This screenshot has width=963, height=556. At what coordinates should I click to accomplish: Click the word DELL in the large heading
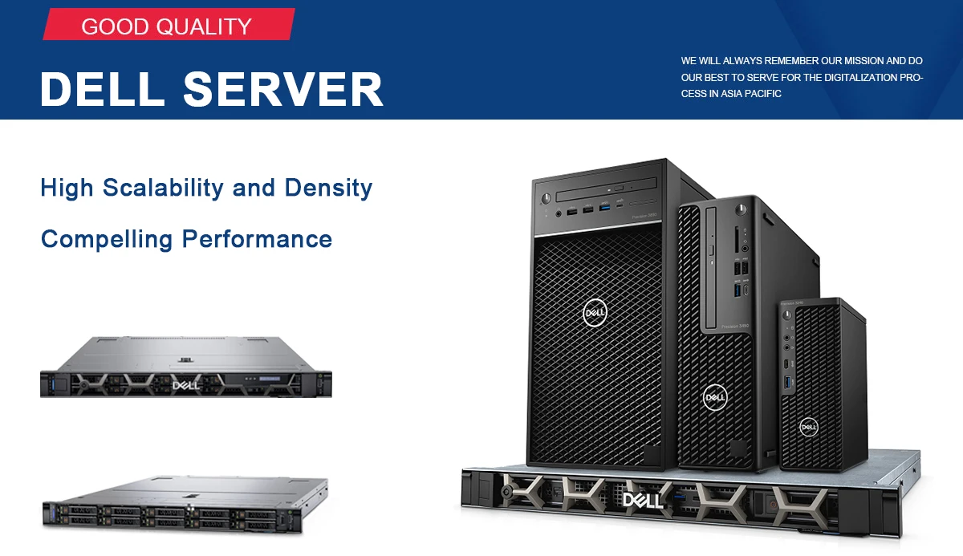point(103,89)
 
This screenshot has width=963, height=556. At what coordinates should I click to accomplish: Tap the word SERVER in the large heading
point(283,89)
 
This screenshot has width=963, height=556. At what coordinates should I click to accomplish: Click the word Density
point(328,189)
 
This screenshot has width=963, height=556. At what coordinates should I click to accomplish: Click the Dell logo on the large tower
point(595,312)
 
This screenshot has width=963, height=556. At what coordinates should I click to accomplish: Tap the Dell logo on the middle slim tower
point(714,396)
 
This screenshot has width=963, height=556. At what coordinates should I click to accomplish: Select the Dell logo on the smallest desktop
point(809,427)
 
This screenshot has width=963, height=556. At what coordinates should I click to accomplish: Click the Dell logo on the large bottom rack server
point(644,500)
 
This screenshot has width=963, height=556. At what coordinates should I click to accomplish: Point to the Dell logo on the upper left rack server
point(185,386)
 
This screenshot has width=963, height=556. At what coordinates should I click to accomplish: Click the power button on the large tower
point(547,197)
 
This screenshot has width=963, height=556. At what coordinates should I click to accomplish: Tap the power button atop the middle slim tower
point(742,209)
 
